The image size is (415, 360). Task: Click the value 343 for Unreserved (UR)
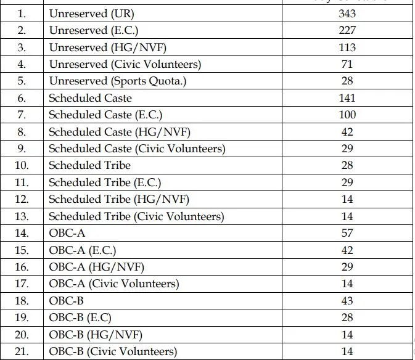[347, 14]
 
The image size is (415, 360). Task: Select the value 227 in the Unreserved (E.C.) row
[347, 30]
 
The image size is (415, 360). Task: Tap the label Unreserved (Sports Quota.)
[117, 81]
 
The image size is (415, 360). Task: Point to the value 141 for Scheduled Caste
[347, 98]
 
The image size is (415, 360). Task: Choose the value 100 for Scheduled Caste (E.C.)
[347, 115]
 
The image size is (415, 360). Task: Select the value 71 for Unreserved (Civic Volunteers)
[347, 64]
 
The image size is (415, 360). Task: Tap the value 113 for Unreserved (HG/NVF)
[347, 47]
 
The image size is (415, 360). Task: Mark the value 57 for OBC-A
[347, 233]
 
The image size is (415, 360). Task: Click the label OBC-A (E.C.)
[82, 250]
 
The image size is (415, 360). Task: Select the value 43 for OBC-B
[347, 301]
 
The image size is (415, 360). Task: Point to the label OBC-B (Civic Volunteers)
[113, 352]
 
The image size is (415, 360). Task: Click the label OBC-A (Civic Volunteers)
[113, 284]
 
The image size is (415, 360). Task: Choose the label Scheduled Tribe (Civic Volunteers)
[136, 216]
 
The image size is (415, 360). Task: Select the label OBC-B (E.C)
[80, 318]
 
